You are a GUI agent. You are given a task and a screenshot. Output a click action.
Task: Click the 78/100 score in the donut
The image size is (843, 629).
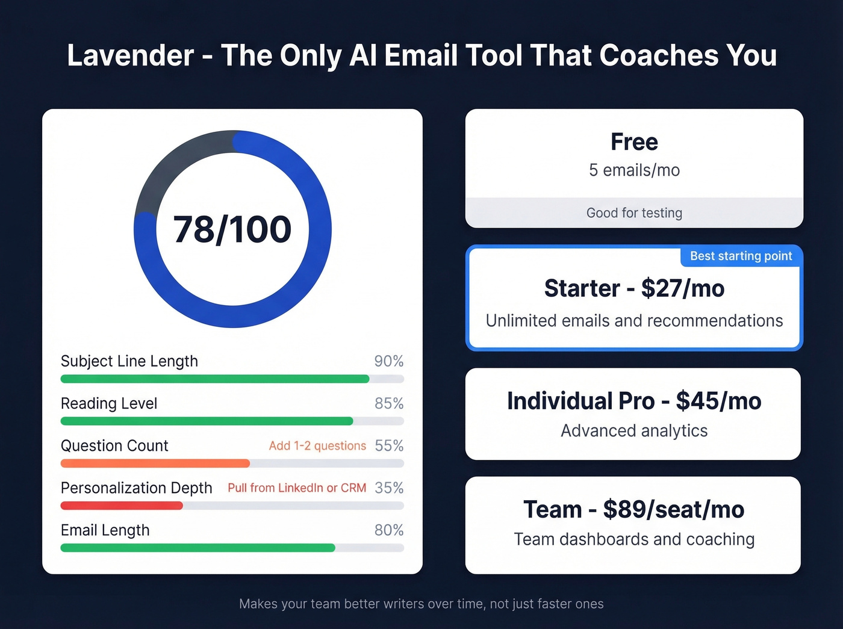232,229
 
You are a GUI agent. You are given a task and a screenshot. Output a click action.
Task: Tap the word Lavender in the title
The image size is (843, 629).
130,55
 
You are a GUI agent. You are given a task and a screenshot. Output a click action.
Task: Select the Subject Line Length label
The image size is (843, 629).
129,361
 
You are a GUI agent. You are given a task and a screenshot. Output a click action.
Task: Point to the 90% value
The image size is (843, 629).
388,361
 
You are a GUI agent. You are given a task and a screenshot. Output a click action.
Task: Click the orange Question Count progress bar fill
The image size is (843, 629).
155,463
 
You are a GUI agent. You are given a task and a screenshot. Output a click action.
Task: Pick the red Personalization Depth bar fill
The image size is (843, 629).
122,506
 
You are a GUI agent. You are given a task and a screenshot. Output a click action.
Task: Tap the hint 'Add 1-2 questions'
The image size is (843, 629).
317,446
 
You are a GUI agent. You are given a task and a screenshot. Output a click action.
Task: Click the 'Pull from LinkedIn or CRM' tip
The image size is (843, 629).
297,488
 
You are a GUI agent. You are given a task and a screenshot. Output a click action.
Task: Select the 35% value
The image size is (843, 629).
389,488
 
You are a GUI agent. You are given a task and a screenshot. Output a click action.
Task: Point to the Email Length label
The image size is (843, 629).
105,530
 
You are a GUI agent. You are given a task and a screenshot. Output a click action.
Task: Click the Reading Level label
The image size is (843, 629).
109,403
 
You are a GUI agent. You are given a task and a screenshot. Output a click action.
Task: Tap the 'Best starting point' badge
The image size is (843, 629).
741,256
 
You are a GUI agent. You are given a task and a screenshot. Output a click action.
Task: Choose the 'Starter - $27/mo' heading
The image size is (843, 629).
634,289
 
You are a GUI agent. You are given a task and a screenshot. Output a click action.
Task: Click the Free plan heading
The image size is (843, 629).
634,142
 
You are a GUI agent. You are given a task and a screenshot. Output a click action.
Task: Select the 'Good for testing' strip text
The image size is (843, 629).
634,213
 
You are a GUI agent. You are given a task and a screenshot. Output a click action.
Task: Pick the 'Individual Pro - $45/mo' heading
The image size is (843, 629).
634,401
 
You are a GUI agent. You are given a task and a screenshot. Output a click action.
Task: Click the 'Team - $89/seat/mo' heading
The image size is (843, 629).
634,510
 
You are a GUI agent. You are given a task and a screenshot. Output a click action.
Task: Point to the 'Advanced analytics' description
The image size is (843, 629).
634,431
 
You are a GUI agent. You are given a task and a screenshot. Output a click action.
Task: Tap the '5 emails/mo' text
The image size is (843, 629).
634,170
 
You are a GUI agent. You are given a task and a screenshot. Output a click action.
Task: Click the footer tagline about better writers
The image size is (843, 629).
421,604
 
